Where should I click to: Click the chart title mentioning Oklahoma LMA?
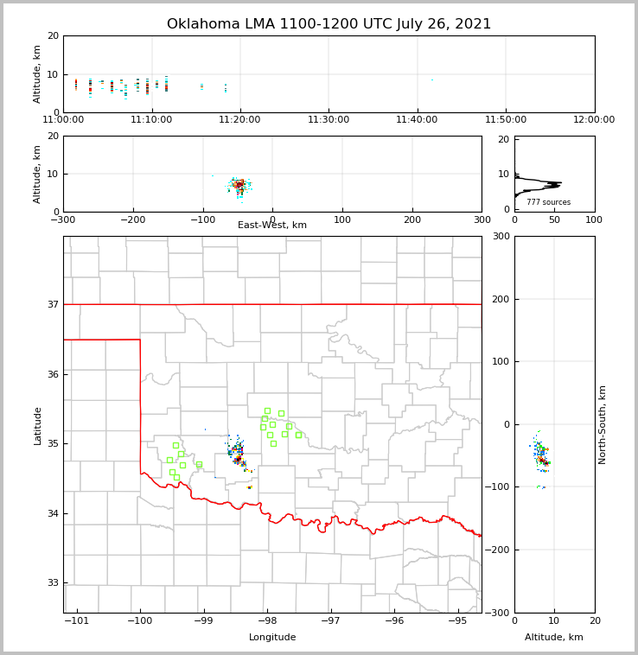click(x=329, y=24)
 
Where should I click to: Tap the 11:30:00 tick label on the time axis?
click(x=329, y=120)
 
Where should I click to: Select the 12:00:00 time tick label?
click(x=594, y=120)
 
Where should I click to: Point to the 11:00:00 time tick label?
click(x=63, y=120)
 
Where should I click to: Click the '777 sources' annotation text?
click(x=548, y=202)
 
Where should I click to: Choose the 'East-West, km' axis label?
click(x=272, y=226)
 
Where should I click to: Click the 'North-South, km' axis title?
click(x=603, y=424)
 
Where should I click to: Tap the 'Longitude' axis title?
click(x=272, y=638)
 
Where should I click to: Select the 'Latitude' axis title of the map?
click(x=38, y=425)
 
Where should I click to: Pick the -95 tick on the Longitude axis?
click(x=457, y=621)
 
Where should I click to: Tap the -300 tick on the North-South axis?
click(x=501, y=613)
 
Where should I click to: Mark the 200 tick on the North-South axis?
click(x=500, y=299)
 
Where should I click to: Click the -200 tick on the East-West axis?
click(x=133, y=219)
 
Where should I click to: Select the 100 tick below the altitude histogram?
click(x=594, y=219)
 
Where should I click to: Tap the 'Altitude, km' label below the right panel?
click(x=554, y=638)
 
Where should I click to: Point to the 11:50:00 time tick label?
click(x=506, y=120)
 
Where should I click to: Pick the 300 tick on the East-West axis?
click(x=482, y=219)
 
